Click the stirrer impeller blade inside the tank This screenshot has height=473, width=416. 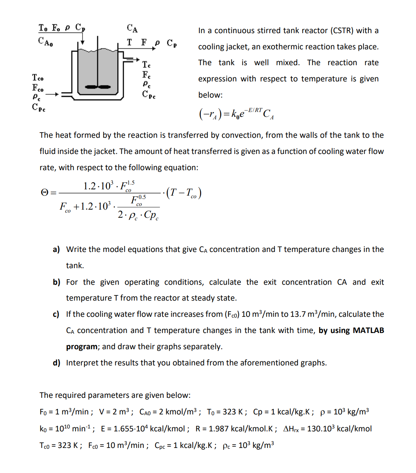[98, 87]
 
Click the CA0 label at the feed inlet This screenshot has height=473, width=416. [45, 41]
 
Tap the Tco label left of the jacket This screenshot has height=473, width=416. [38, 78]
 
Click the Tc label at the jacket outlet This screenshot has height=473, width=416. [146, 65]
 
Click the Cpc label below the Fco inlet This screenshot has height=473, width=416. [38, 108]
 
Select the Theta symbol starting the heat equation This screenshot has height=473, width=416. [44, 193]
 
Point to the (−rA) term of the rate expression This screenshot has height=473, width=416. [210, 114]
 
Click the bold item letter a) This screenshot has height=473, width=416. [56, 249]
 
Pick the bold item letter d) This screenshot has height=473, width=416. [56, 363]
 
